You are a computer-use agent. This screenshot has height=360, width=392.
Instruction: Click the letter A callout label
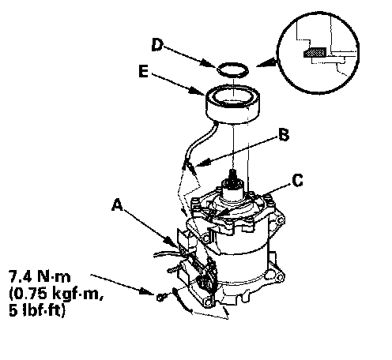click(117, 205)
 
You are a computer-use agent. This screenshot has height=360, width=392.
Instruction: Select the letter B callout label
click(284, 135)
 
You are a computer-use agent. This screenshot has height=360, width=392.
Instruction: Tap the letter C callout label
click(298, 181)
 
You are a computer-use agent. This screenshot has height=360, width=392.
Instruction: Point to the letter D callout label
click(157, 45)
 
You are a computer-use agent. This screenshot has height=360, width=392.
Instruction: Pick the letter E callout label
click(144, 71)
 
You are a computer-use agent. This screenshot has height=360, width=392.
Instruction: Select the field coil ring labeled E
click(232, 104)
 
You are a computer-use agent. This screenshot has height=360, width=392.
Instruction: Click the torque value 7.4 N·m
click(40, 276)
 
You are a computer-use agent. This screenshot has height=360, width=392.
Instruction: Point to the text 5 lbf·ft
click(37, 310)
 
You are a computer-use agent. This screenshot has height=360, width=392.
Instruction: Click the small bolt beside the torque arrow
click(161, 298)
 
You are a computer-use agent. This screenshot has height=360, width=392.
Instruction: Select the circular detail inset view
click(318, 53)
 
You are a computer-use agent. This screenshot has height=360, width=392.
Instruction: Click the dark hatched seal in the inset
click(315, 53)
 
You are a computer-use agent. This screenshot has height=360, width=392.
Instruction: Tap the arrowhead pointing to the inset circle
click(266, 63)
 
